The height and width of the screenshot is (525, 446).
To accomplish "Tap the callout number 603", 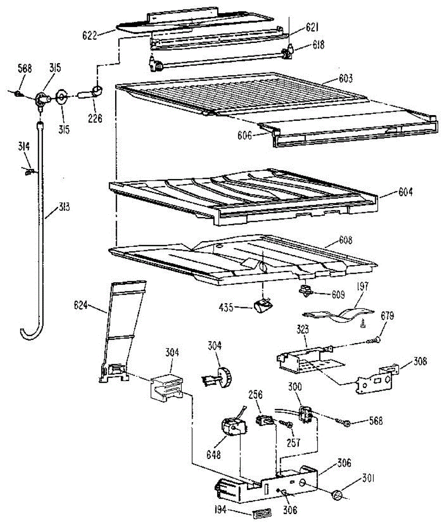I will tap(345, 79).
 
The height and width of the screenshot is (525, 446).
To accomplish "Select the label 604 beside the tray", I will tap(405, 192).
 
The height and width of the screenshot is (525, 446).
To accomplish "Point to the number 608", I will tap(345, 240).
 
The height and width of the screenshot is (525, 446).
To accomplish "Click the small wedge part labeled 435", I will tap(262, 305).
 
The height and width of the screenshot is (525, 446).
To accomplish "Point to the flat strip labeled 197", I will tap(339, 314).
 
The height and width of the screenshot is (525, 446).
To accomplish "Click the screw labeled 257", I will tap(287, 424).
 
